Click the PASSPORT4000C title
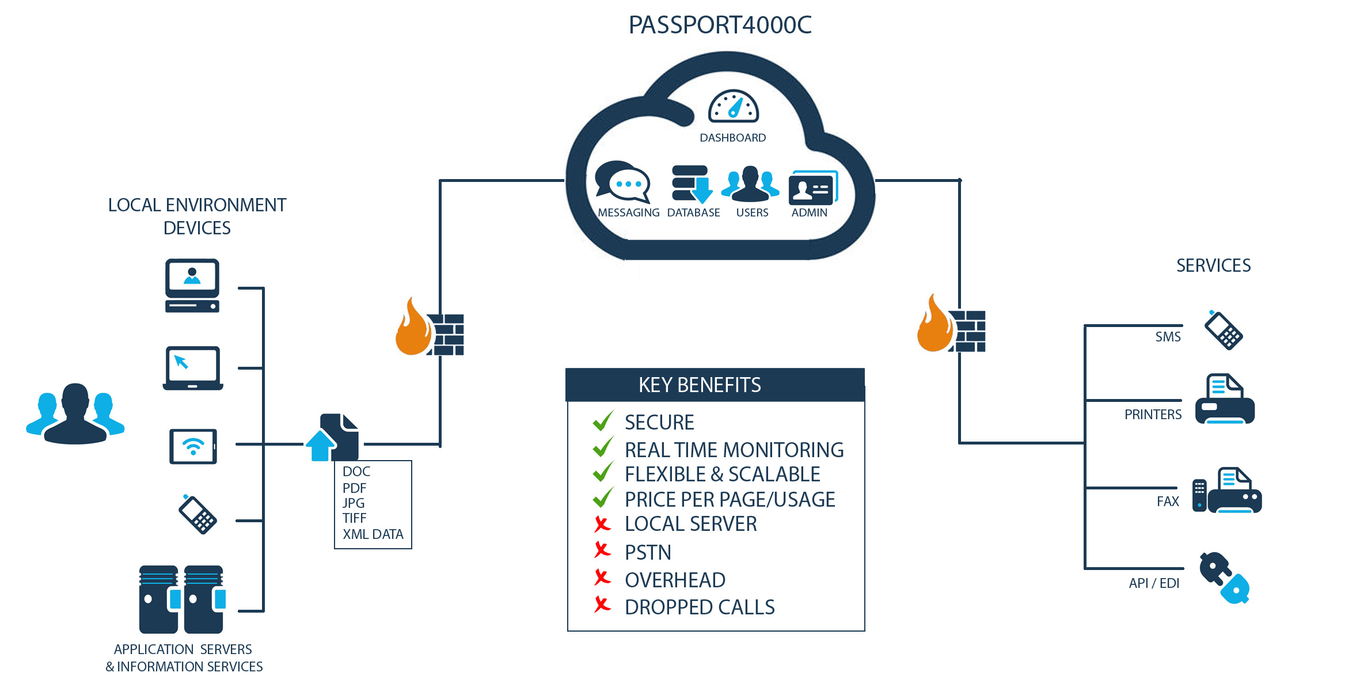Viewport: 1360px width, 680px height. click(x=720, y=25)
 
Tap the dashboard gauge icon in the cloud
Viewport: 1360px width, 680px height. click(x=733, y=107)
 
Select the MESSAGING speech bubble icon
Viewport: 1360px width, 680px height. click(x=622, y=181)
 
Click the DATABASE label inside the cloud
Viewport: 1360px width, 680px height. click(x=693, y=212)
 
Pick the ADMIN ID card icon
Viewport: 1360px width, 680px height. click(x=812, y=188)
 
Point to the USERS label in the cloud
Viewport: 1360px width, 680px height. click(x=752, y=212)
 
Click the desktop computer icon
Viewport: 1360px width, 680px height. click(x=192, y=286)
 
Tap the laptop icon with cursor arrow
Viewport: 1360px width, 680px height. click(x=193, y=368)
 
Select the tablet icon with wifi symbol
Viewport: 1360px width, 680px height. click(x=193, y=446)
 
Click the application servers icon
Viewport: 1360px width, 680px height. click(x=181, y=599)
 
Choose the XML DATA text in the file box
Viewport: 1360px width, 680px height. click(x=373, y=534)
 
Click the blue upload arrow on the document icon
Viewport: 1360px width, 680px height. click(x=320, y=446)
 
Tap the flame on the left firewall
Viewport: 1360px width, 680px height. click(x=412, y=328)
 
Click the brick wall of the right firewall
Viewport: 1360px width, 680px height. click(x=969, y=331)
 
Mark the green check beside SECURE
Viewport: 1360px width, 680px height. click(x=603, y=421)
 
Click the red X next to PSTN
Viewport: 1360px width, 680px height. click(x=602, y=550)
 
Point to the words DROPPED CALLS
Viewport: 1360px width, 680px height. click(x=700, y=607)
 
